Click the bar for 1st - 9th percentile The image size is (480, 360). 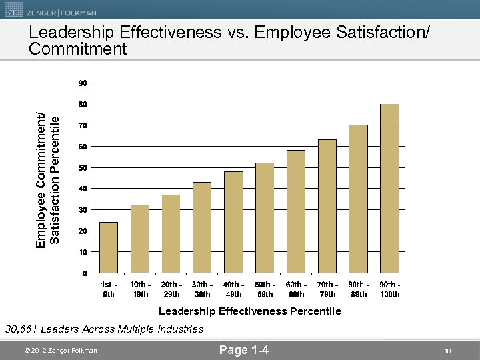point(109,247)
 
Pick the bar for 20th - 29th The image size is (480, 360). point(171,233)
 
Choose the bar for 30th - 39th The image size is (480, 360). point(202,227)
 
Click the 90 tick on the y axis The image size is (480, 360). point(81,83)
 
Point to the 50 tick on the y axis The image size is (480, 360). point(81,168)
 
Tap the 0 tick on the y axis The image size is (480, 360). point(84,273)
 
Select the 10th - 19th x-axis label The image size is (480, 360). point(140,289)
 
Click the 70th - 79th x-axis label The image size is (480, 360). point(327,289)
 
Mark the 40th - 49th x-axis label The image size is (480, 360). point(233,289)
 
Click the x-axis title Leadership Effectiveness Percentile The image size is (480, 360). point(249,311)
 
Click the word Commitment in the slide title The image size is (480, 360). point(78,49)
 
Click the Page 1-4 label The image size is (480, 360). point(244,350)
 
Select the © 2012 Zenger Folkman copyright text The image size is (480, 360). point(60,351)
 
